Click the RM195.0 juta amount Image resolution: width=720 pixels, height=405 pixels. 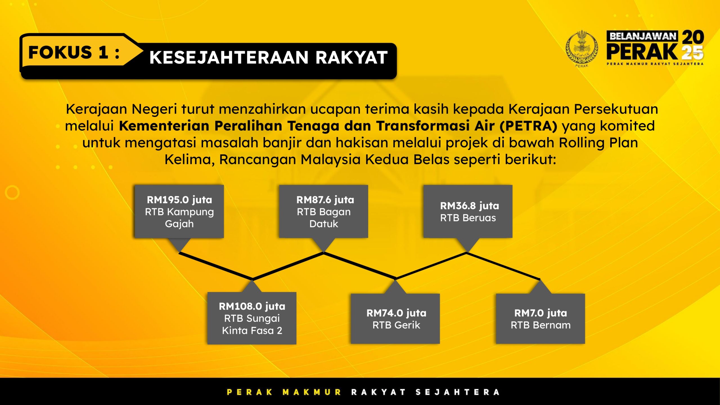179,200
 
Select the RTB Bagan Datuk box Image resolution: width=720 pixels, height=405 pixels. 323,211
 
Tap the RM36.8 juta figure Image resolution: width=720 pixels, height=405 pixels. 470,206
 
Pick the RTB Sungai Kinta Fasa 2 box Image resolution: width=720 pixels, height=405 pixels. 252,318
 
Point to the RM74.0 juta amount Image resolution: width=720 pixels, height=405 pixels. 396,313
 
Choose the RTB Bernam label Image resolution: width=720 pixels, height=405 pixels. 541,325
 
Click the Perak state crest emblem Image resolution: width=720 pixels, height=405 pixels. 582,48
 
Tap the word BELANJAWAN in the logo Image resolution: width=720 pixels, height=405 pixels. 643,36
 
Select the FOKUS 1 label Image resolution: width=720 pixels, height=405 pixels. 74,52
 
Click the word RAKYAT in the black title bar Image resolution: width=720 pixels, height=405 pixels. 352,57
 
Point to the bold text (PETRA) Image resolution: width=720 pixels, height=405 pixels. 528,126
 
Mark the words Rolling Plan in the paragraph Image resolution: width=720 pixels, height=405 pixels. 598,143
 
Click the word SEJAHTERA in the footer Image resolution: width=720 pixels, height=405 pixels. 458,392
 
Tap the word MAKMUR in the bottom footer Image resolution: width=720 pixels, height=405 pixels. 312,392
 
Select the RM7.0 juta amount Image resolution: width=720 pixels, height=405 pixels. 541,313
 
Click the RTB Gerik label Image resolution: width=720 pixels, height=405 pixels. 396,325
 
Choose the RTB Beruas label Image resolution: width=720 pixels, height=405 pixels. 468,218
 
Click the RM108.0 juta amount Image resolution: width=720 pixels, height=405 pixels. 252,306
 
